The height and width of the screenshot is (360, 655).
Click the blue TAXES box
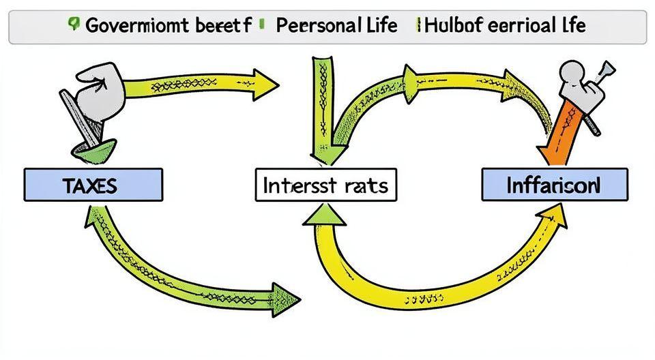(93, 184)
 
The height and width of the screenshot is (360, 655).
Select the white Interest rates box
(325, 185)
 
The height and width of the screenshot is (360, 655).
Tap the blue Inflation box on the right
(553, 184)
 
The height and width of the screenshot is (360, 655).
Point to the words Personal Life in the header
(336, 27)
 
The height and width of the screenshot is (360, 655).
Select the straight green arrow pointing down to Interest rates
(321, 102)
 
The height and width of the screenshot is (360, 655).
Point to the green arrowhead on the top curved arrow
(411, 74)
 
